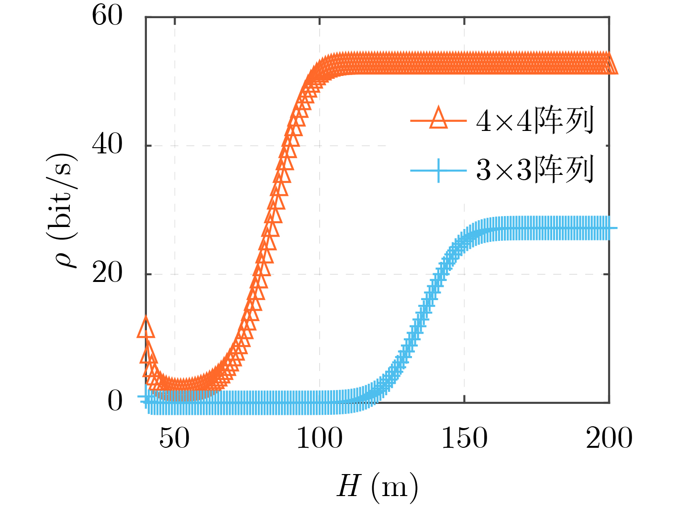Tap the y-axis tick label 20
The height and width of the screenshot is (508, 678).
107,273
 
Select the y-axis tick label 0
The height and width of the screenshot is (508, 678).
115,401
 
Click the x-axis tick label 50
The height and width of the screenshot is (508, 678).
174,438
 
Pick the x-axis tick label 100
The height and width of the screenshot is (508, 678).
319,438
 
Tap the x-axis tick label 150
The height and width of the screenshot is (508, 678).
464,438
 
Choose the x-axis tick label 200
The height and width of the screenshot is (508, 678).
609,438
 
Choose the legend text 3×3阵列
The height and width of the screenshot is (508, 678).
535,170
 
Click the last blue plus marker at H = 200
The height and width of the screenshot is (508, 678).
609,228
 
